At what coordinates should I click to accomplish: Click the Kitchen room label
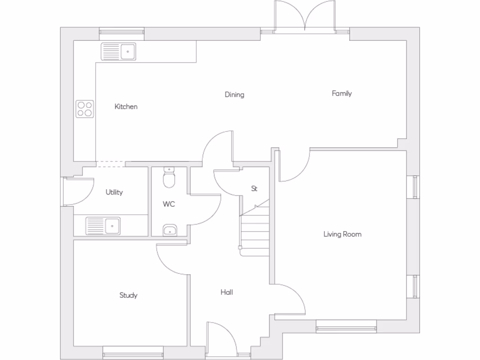(126, 107)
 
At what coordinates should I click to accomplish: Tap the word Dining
(234, 95)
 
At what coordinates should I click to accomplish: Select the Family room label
(342, 94)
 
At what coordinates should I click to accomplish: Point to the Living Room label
(342, 234)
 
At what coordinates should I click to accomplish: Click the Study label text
(128, 295)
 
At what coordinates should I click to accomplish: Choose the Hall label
(227, 292)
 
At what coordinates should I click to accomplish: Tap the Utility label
(114, 192)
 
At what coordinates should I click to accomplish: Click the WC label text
(169, 204)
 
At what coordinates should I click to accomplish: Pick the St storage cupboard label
(254, 189)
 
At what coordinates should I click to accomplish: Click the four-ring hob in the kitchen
(85, 109)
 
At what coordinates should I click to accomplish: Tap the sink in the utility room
(103, 226)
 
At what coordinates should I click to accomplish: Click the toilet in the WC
(168, 178)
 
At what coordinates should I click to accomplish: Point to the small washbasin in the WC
(170, 230)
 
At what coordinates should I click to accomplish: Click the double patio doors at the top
(305, 19)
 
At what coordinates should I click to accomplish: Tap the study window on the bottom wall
(133, 353)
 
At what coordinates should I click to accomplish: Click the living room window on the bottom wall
(346, 327)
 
